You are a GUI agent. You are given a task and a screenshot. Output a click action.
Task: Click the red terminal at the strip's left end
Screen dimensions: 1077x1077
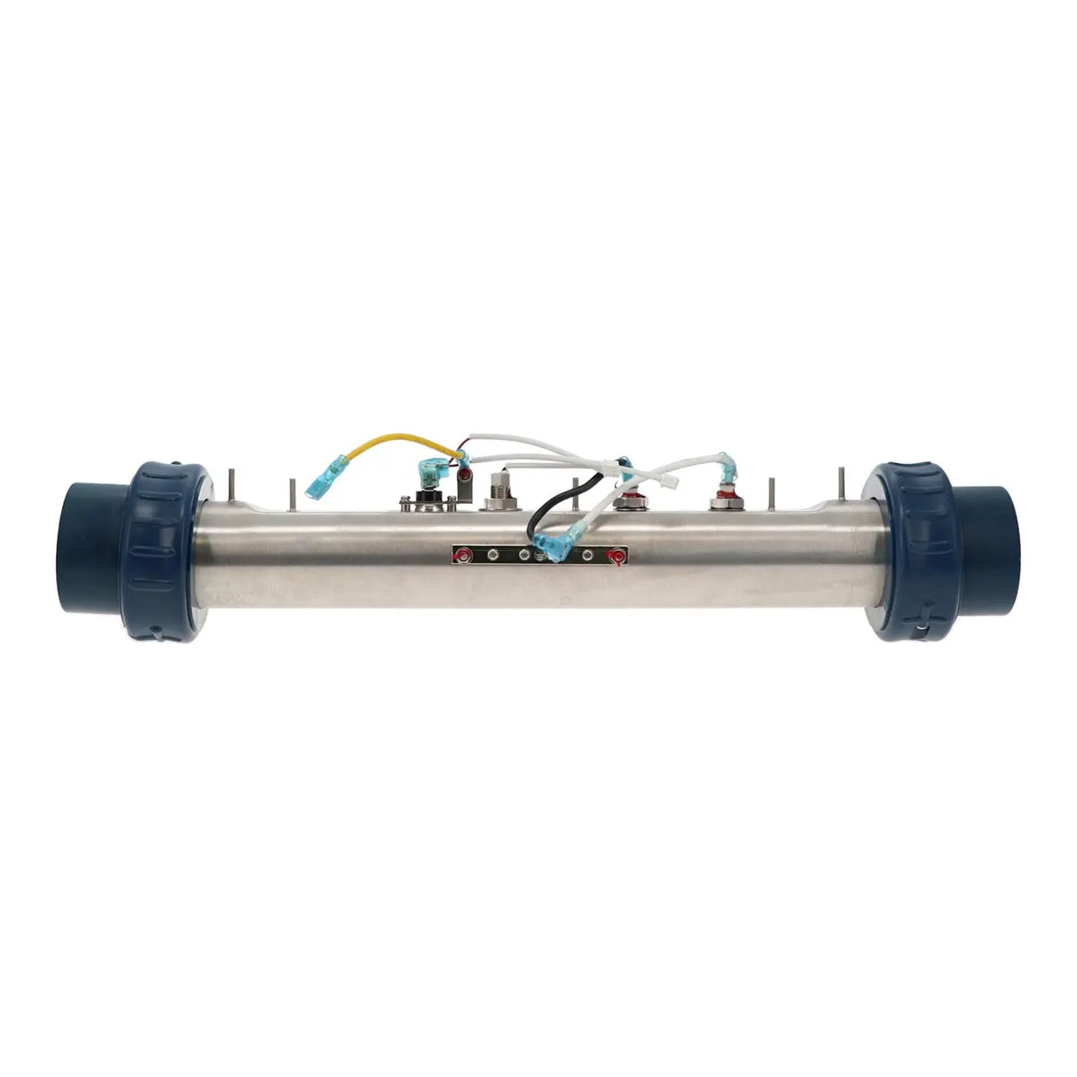click(x=460, y=556)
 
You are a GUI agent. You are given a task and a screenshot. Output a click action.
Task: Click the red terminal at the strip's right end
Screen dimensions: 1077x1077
click(x=611, y=556)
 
